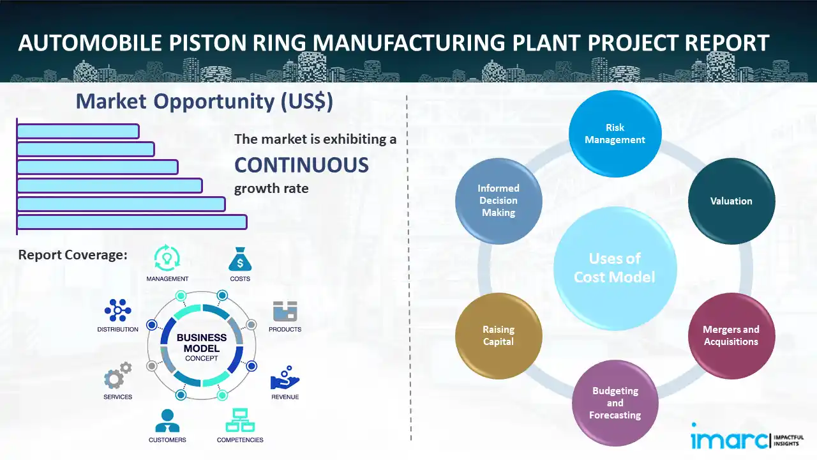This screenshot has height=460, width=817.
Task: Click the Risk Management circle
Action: point(615,134)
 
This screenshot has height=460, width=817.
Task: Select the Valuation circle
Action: point(731,201)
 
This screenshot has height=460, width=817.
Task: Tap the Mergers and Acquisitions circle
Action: point(731,335)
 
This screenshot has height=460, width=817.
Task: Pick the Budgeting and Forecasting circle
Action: point(615,402)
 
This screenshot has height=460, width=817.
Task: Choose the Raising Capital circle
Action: point(498,335)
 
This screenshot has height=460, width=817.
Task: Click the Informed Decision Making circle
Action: point(498,201)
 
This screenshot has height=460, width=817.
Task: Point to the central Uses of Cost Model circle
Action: point(615,268)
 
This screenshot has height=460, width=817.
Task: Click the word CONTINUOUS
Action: point(301,165)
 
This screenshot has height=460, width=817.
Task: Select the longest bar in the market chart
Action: point(131,222)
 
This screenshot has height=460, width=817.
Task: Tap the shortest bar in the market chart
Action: point(78,131)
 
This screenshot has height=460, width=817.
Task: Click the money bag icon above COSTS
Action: point(240,259)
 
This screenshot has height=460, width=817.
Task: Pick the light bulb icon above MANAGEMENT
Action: point(167,258)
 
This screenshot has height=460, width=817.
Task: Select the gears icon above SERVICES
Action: point(117,376)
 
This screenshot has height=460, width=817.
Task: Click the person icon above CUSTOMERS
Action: point(167,420)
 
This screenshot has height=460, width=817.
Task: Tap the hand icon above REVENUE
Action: point(284,378)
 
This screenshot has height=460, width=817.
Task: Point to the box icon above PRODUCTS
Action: point(285,311)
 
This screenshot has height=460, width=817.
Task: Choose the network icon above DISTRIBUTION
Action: point(117,310)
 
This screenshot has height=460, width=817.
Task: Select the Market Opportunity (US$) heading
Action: point(204,102)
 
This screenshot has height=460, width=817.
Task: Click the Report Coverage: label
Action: point(73,255)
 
